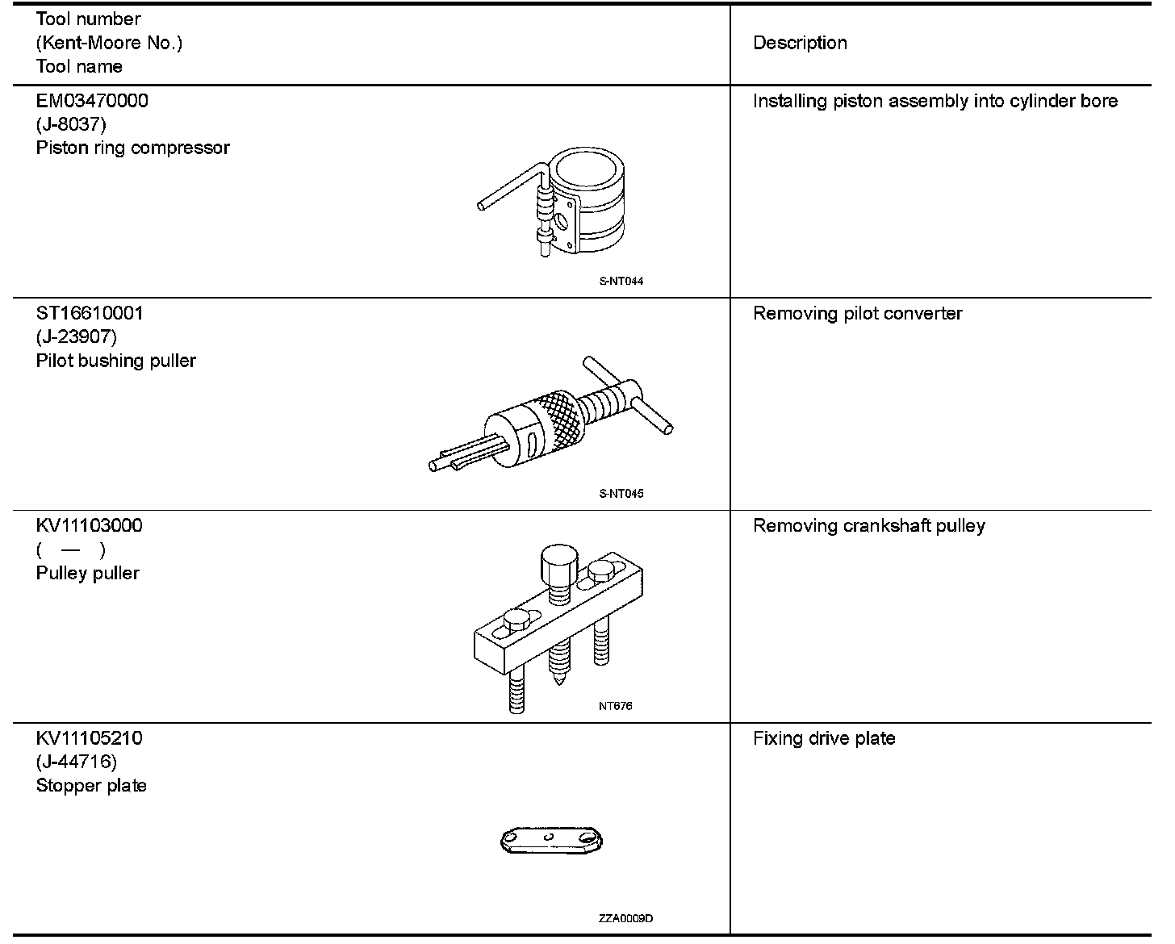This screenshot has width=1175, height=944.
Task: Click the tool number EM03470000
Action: tap(92, 101)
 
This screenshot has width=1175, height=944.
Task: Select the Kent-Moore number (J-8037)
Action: tap(71, 124)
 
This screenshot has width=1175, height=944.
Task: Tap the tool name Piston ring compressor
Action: tap(132, 148)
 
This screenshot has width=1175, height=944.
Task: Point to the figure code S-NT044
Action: tap(621, 282)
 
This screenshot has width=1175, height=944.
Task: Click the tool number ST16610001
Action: tap(90, 313)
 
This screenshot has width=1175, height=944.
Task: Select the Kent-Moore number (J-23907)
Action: tap(76, 336)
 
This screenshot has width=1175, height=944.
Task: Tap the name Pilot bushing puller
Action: tap(115, 361)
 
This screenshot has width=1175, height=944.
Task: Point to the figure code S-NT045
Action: tap(621, 494)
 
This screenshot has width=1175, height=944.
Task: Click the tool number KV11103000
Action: tap(89, 526)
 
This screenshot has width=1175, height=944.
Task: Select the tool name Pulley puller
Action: tap(87, 574)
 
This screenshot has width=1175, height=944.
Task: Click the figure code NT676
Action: tap(616, 706)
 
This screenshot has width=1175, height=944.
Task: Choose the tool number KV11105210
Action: tap(89, 738)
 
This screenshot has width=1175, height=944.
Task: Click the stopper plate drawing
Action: tap(552, 841)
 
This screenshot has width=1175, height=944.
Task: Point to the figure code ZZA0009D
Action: tap(626, 919)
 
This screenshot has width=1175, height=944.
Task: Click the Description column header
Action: tap(800, 43)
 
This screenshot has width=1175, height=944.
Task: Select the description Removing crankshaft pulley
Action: tap(868, 526)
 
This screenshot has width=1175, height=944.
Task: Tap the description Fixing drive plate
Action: tap(823, 738)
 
